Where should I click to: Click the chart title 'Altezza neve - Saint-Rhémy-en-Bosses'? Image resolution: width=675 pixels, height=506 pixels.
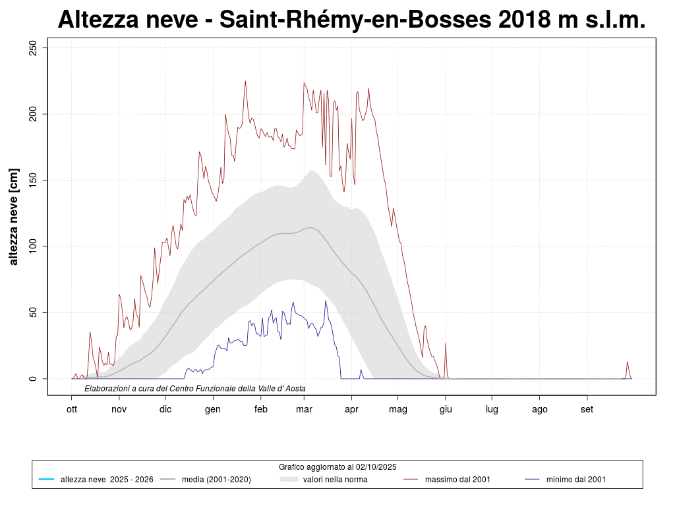click(351, 20)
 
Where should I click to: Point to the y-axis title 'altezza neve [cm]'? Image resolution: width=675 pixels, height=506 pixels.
click(14, 217)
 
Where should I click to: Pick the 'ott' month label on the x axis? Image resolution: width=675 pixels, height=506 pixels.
click(72, 409)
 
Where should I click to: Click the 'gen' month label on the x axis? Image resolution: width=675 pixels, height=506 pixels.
click(213, 409)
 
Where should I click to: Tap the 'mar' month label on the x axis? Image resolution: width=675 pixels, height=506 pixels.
click(304, 409)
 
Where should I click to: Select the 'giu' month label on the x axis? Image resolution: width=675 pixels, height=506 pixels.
click(446, 409)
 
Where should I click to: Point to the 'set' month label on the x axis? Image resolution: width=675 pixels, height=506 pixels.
click(587, 409)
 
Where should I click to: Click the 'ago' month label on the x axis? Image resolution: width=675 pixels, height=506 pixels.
click(539, 409)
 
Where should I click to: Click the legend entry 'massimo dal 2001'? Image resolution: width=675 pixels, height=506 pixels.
click(457, 480)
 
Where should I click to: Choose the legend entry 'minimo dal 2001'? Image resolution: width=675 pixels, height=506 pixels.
click(575, 480)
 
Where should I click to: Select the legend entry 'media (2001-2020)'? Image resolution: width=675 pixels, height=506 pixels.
click(216, 480)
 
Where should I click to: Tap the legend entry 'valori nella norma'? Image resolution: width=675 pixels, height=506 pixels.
click(335, 480)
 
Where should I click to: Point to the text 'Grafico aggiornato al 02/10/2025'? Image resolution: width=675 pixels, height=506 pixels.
click(337, 466)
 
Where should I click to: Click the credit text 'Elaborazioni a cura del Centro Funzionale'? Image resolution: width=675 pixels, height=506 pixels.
click(195, 389)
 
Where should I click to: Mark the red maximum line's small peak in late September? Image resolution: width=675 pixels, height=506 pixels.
click(627, 362)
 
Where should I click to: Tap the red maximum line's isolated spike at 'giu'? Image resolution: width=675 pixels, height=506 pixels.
click(446, 345)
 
